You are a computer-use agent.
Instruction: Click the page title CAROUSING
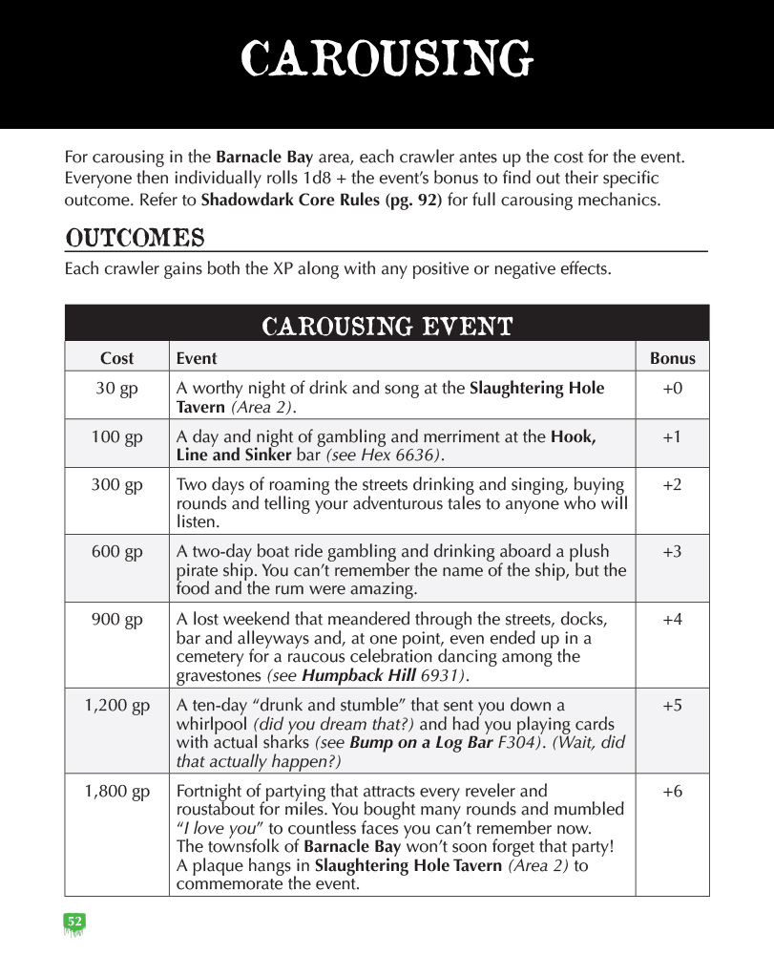point(387,59)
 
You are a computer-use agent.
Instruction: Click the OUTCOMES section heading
point(135,237)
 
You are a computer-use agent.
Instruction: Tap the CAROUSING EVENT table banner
point(387,327)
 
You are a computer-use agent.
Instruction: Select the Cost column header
point(117,359)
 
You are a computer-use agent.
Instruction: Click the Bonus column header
point(672,359)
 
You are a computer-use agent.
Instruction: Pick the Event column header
point(197,359)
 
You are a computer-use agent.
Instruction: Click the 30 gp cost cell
point(117,389)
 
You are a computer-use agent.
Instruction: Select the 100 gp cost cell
point(117,437)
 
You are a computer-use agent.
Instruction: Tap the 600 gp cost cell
point(117,552)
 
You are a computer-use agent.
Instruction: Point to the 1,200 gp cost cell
point(117,707)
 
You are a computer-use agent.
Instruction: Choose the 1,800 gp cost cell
point(117,792)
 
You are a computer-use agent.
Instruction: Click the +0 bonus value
point(672,389)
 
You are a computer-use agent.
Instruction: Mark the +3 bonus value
point(672,552)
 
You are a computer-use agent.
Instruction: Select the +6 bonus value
point(672,792)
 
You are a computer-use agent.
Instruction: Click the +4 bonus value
point(672,620)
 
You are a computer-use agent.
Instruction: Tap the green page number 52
point(74,922)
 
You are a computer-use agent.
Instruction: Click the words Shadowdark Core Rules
point(321,202)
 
